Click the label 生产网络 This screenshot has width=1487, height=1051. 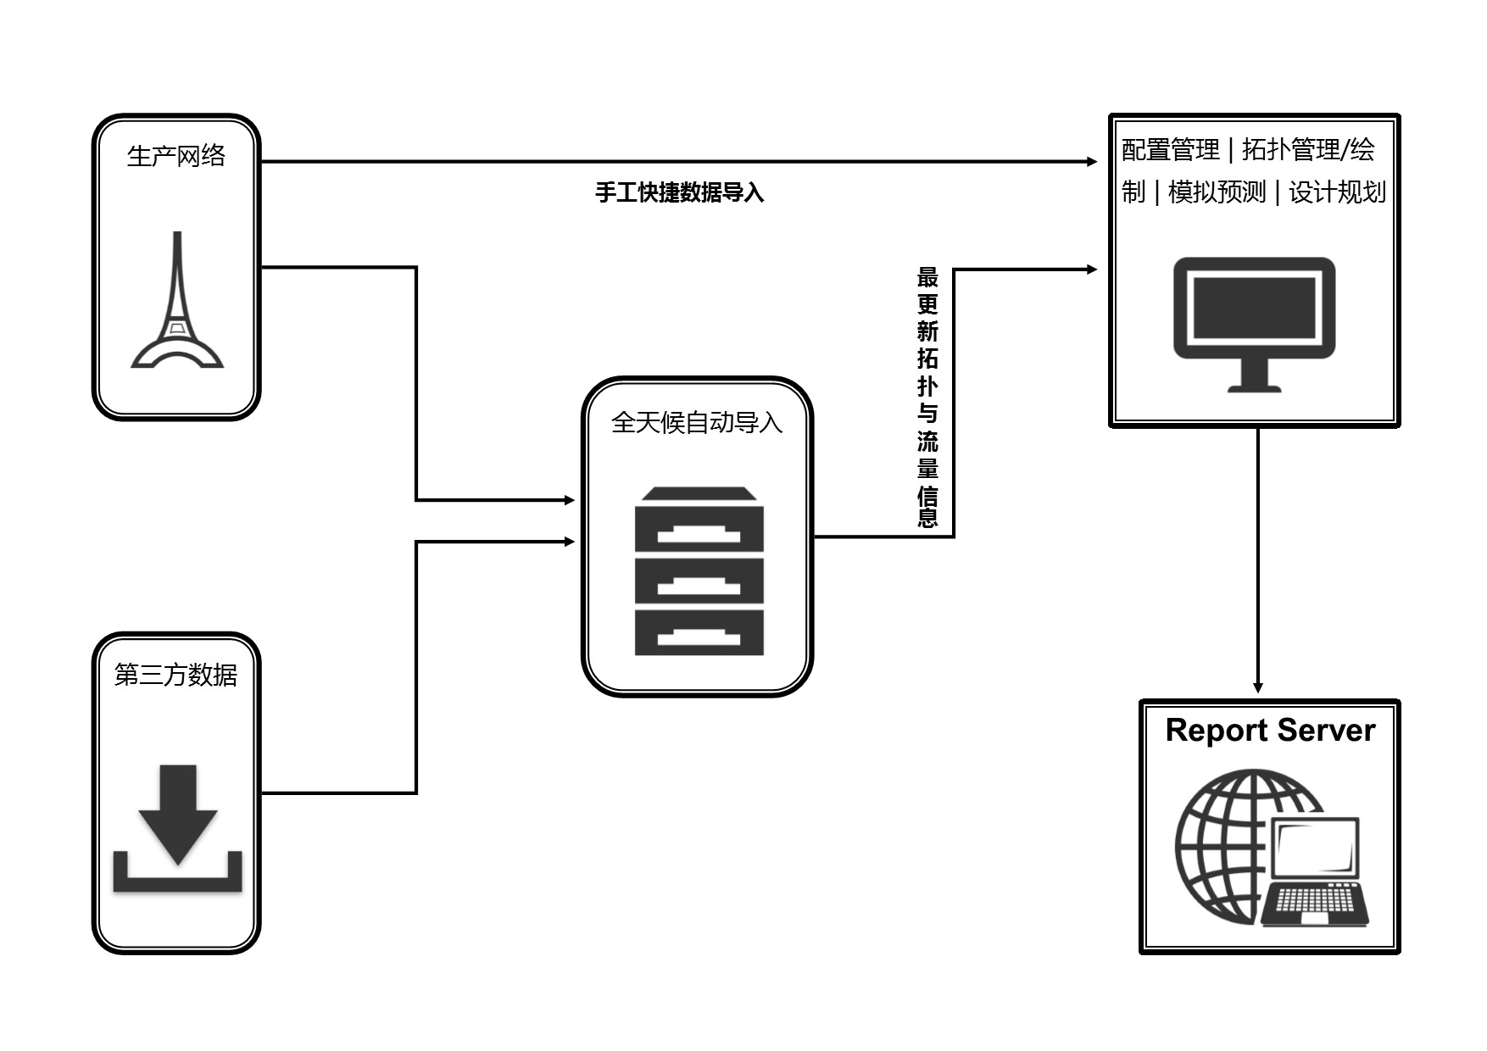pos(176,156)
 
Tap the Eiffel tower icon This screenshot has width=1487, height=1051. pos(176,301)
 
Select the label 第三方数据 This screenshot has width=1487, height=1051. pos(176,675)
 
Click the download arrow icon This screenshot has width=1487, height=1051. pos(178,826)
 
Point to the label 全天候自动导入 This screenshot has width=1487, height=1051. pos(697,422)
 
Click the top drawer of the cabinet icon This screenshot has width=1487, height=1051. pos(699,528)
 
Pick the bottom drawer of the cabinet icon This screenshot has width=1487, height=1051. pos(699,632)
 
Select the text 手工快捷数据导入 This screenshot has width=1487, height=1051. pos(679,193)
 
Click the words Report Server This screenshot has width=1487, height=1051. pos(1269,731)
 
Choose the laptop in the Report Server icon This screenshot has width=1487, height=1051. pos(1314,873)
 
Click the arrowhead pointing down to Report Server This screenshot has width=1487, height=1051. pos(1258,687)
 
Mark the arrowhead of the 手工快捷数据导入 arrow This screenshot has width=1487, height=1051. pos(1091,161)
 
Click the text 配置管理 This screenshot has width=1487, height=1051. pos(1170,150)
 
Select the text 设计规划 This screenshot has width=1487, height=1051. pos(1337,192)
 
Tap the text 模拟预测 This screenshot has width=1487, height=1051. pos(1217,192)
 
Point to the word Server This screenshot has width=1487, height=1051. pos(1326,731)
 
